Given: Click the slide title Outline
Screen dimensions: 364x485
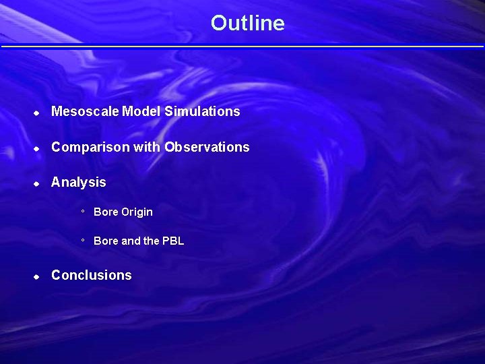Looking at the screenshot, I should click(247, 23).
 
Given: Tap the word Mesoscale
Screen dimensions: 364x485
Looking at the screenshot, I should click(86, 111).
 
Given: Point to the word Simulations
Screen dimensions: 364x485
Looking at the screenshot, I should click(202, 111).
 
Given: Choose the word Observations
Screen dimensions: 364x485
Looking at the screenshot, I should click(207, 147).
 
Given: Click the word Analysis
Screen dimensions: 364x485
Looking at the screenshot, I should click(79, 182).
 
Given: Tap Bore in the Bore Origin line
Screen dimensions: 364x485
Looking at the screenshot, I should click(106, 212).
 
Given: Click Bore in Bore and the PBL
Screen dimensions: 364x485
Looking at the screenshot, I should click(106, 241).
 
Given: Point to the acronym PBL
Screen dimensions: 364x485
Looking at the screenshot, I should click(173, 241).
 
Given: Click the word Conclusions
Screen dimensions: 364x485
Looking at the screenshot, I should click(92, 275).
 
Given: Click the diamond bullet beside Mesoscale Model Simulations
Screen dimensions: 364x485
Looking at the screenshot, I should click(37, 113).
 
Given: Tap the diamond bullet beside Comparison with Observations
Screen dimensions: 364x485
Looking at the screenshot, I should click(37, 148).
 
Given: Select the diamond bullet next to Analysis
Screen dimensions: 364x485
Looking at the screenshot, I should click(37, 183).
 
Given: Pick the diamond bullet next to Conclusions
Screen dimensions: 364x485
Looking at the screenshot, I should click(37, 276).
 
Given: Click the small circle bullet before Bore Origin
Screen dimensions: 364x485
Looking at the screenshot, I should click(83, 211).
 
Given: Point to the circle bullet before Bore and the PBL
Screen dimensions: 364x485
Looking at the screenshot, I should click(83, 240).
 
